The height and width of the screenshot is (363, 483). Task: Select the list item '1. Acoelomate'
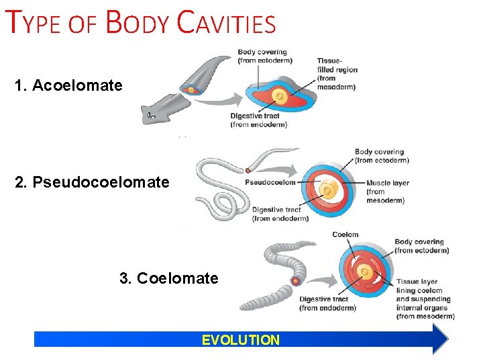68,85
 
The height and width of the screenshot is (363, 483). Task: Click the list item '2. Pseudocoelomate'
92,182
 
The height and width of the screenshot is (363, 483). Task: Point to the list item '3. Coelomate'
169,278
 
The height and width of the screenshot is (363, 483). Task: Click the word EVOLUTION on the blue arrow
241,339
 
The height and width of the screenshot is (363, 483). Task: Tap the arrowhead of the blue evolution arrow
439,339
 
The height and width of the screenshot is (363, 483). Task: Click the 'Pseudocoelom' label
270,182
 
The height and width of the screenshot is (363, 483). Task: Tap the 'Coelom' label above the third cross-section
345,235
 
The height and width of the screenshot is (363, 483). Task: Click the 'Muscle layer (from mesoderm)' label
388,191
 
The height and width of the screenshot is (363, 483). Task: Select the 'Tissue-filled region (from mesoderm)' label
337,74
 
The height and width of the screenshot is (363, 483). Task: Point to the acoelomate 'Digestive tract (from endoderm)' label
258,120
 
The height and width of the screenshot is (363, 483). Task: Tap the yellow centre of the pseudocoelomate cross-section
328,191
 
